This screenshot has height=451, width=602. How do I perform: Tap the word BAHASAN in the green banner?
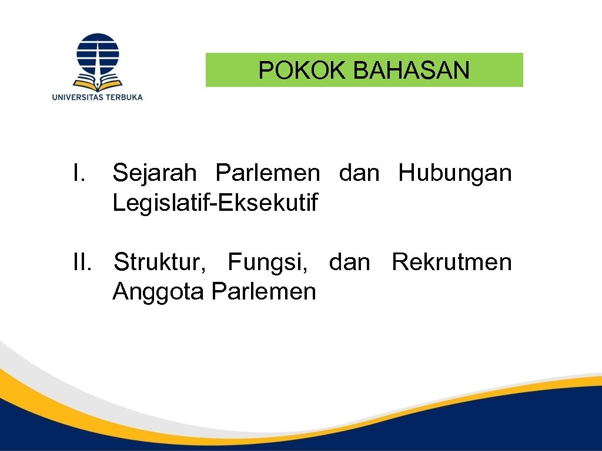click(412, 70)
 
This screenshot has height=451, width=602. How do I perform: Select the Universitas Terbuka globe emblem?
click(98, 53)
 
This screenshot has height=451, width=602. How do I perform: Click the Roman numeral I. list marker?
click(80, 173)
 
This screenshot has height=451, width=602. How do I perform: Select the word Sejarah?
click(154, 173)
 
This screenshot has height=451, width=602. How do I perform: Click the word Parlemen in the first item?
click(267, 173)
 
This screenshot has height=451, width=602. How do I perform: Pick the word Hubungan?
click(454, 173)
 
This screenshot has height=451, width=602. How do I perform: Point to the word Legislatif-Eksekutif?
click(215, 203)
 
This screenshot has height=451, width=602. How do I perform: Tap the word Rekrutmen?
click(451, 262)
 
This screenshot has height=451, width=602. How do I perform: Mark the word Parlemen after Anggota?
click(263, 291)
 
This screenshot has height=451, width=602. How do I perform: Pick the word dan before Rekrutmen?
click(350, 262)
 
